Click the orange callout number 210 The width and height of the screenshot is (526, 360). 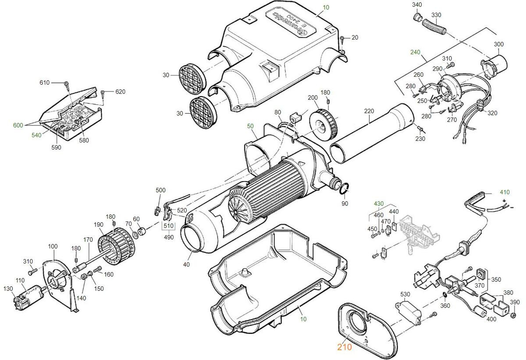[345, 347]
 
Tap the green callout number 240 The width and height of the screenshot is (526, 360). [415, 52]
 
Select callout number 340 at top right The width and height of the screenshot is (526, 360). [417, 4]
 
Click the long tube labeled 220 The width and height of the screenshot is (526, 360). [373, 134]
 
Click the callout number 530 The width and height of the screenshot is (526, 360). [405, 294]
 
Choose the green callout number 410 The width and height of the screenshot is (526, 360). [505, 192]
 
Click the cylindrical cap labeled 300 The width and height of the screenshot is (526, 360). [497, 64]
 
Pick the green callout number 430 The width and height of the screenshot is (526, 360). [379, 203]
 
